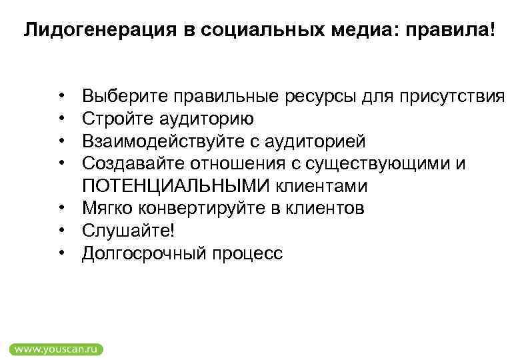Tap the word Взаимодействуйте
point(153,142)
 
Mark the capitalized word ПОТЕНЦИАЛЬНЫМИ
point(171,186)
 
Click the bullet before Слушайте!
point(61,231)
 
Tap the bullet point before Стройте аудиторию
point(61,120)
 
